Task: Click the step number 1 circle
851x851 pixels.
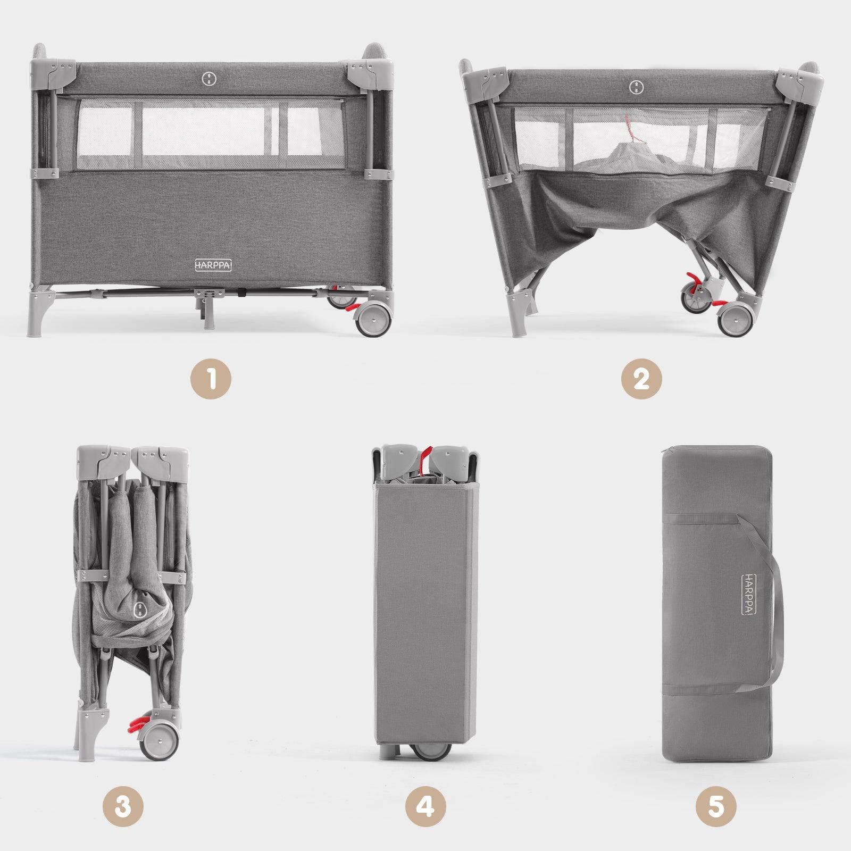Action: pos(211,380)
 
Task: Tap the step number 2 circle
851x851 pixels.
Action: pos(641,380)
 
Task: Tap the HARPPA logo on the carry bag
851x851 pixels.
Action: pos(749,594)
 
